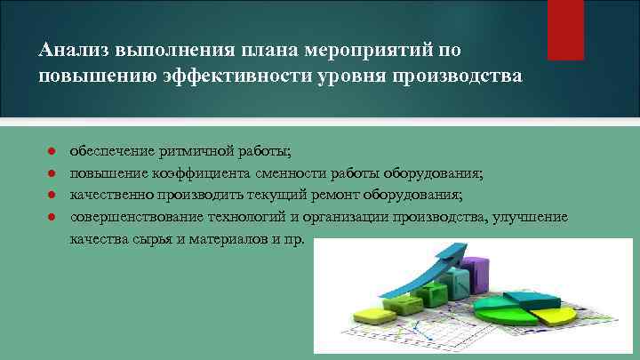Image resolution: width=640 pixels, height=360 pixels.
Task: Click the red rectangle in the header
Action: coord(565,28)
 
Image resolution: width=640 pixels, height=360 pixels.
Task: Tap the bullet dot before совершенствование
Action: coord(52,218)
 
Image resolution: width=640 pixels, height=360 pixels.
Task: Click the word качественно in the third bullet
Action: coord(112,196)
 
